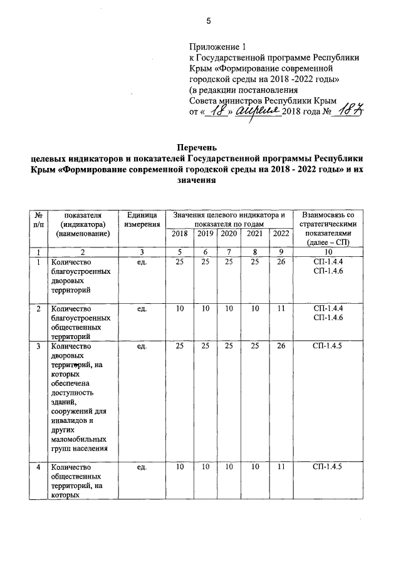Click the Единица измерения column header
point(142,219)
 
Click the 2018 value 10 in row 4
point(180,467)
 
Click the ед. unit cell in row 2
point(142,309)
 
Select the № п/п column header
point(39,219)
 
